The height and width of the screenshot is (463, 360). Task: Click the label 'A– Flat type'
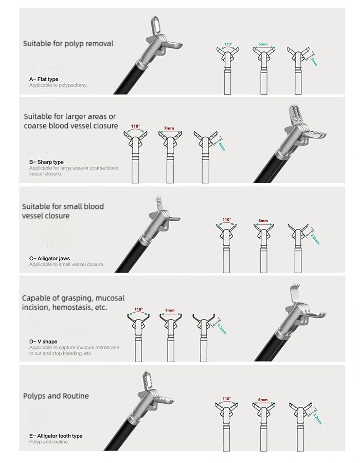44,79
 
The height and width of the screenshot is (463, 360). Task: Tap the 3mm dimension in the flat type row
314,61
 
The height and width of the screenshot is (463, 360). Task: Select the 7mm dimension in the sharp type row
169,128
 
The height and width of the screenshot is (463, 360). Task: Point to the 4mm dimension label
222,146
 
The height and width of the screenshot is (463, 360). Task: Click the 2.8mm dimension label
315,238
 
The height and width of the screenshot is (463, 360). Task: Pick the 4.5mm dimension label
222,328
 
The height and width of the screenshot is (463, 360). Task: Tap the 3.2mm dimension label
317,418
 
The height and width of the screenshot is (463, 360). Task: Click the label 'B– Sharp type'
46,162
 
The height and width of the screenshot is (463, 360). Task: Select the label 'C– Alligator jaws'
49,258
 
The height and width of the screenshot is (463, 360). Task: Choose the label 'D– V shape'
43,342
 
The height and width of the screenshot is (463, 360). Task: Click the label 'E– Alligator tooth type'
56,436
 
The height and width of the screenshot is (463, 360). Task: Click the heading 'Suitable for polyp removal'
68,44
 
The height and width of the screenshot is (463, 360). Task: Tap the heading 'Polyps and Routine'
56,396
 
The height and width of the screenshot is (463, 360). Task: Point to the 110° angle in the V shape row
138,310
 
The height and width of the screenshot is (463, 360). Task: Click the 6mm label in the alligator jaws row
263,221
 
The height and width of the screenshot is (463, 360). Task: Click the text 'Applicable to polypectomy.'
59,85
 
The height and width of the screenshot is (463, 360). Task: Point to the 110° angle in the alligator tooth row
227,399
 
